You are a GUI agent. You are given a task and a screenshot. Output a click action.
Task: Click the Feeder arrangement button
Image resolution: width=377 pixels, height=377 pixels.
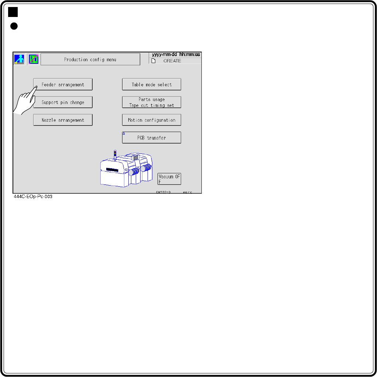point(63,84)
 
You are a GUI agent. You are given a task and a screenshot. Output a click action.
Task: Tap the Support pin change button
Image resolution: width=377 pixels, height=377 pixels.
point(63,102)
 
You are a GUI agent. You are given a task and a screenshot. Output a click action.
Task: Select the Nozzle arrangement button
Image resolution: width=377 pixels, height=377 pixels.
point(63,120)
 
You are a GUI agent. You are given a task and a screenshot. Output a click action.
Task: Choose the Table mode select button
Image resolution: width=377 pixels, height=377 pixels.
point(152,84)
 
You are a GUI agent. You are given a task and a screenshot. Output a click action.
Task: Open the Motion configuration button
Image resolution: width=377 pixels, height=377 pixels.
point(152,120)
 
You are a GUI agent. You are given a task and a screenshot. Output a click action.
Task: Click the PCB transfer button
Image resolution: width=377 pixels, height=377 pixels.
point(152,138)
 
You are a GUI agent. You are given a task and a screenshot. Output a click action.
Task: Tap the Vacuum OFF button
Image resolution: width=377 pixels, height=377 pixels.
point(169,179)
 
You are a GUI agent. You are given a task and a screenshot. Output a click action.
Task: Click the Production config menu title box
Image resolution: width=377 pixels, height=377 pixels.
point(90,59)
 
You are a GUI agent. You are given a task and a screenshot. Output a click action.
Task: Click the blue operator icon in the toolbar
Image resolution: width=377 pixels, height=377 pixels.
point(19,59)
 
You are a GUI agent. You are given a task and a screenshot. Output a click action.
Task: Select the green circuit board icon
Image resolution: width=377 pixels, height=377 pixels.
point(34,59)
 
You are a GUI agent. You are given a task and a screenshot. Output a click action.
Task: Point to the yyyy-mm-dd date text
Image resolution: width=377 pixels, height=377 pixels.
point(165,55)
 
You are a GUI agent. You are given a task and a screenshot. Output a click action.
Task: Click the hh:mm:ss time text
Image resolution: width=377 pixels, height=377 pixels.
point(190,55)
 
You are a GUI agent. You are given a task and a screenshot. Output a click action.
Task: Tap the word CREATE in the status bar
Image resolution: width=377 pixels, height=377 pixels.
point(172,61)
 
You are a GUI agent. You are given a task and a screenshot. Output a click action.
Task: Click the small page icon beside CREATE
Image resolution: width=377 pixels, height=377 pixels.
point(153,61)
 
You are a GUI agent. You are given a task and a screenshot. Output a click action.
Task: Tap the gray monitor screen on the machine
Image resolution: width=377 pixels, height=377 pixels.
point(136,158)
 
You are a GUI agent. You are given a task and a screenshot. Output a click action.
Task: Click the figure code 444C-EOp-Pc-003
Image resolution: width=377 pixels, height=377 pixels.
point(33,197)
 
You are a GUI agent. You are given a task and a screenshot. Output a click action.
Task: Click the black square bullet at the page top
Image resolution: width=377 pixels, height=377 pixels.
point(13,13)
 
